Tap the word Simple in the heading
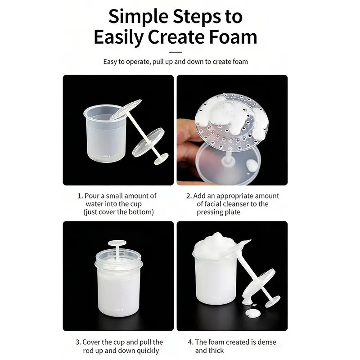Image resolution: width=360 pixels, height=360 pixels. coord(138,17)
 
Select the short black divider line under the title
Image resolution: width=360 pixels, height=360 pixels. coord(175,52)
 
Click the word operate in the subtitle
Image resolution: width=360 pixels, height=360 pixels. coord(138,62)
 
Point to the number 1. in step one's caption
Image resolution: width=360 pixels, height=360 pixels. coord(80,196)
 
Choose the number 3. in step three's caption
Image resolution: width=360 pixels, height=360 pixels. coord(78,342)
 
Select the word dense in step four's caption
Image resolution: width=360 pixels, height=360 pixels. coord(267,342)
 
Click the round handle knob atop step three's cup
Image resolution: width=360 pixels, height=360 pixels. coord(117,243)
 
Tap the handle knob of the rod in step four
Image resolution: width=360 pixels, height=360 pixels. coord(273,301)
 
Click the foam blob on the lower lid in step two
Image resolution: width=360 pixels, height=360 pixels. coord(252,166)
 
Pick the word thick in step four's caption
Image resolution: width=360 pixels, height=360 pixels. coord(216,351)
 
